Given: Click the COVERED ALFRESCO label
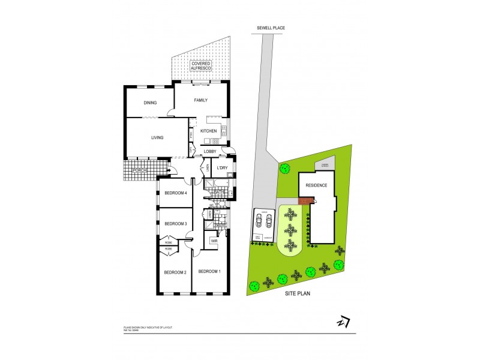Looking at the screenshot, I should [x=200, y=67].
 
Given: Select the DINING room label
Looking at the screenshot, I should [x=150, y=103].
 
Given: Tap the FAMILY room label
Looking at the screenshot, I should [x=200, y=100].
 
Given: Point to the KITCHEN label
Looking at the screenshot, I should [x=208, y=131].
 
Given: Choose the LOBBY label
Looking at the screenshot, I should [x=210, y=151].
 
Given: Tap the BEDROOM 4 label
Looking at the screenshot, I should [x=177, y=193].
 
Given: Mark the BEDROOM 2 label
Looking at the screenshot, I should [x=176, y=272].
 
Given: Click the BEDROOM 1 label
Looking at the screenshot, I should [x=209, y=271].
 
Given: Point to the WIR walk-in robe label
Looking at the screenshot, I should [x=214, y=241].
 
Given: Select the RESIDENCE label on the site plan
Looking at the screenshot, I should [x=317, y=185].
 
